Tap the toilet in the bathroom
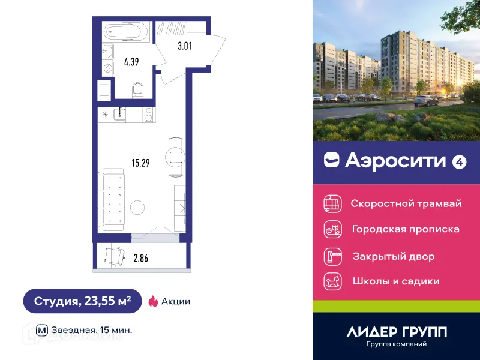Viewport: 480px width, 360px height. click(x=138, y=91)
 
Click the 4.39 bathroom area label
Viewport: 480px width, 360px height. click(x=131, y=61)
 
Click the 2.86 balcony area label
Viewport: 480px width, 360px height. click(x=140, y=259)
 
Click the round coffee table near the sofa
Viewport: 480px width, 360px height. click(x=137, y=208)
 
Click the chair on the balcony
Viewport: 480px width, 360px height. click(x=113, y=256)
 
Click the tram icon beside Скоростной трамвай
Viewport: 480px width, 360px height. click(x=332, y=203)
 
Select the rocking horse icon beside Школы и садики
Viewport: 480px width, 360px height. click(x=332, y=281)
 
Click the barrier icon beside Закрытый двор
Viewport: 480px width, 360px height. click(x=332, y=256)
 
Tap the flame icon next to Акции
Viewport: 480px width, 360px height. click(x=153, y=301)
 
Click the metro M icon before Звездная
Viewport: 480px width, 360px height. click(x=42, y=329)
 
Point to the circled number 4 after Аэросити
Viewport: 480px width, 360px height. click(x=460, y=161)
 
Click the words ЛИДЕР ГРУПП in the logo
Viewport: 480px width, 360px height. click(x=397, y=331)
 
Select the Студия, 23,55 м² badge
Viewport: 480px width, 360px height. click(x=82, y=301)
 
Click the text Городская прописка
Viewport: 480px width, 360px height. click(x=406, y=229)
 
